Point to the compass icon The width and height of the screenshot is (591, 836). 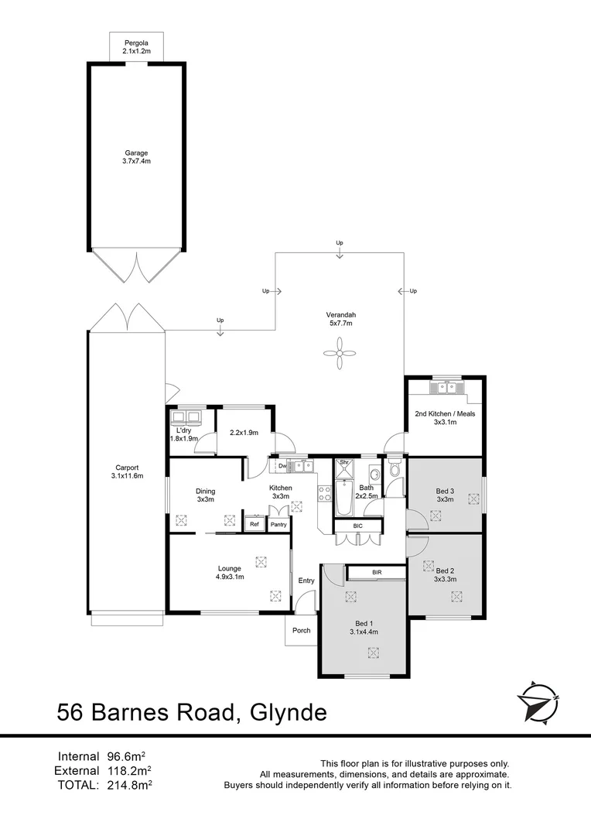[538, 701]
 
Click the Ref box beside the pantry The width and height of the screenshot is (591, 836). [254, 524]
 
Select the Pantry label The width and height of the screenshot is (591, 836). [278, 525]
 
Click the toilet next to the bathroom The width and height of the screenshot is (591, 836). [395, 469]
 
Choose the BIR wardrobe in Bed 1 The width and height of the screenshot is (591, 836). [376, 572]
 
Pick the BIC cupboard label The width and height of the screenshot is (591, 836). [357, 526]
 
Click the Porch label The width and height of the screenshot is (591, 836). [301, 630]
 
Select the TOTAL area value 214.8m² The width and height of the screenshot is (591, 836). [128, 784]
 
